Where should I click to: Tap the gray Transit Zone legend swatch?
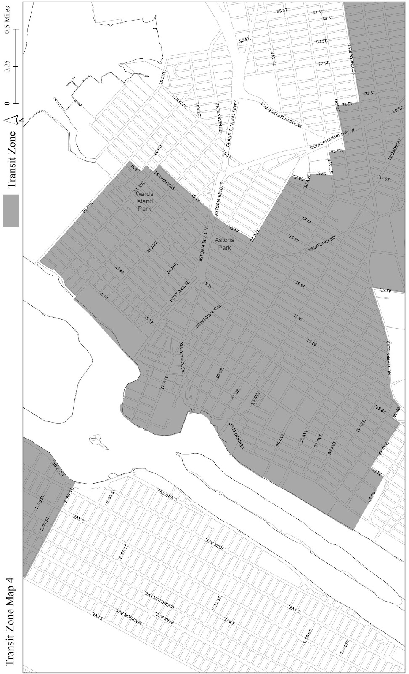coord(11,211)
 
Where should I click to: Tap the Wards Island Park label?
coord(144,201)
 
